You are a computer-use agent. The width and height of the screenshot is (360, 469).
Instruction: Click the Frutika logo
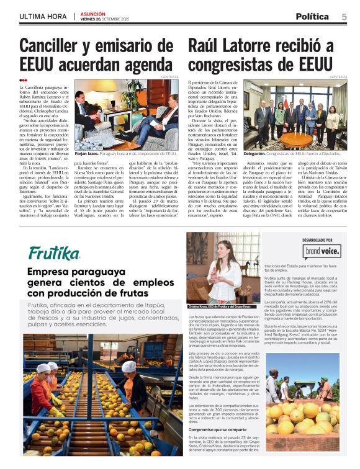tap(54, 253)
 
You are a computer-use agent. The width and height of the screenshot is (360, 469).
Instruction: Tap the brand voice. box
tap(321, 251)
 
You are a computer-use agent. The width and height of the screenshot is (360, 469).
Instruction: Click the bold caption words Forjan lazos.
tap(86, 153)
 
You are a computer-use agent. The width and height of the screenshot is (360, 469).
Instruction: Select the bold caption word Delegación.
tap(254, 153)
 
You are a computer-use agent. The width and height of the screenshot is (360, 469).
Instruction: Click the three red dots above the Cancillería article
tap(23, 80)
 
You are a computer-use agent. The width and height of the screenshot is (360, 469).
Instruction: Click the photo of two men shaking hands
tap(127, 114)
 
